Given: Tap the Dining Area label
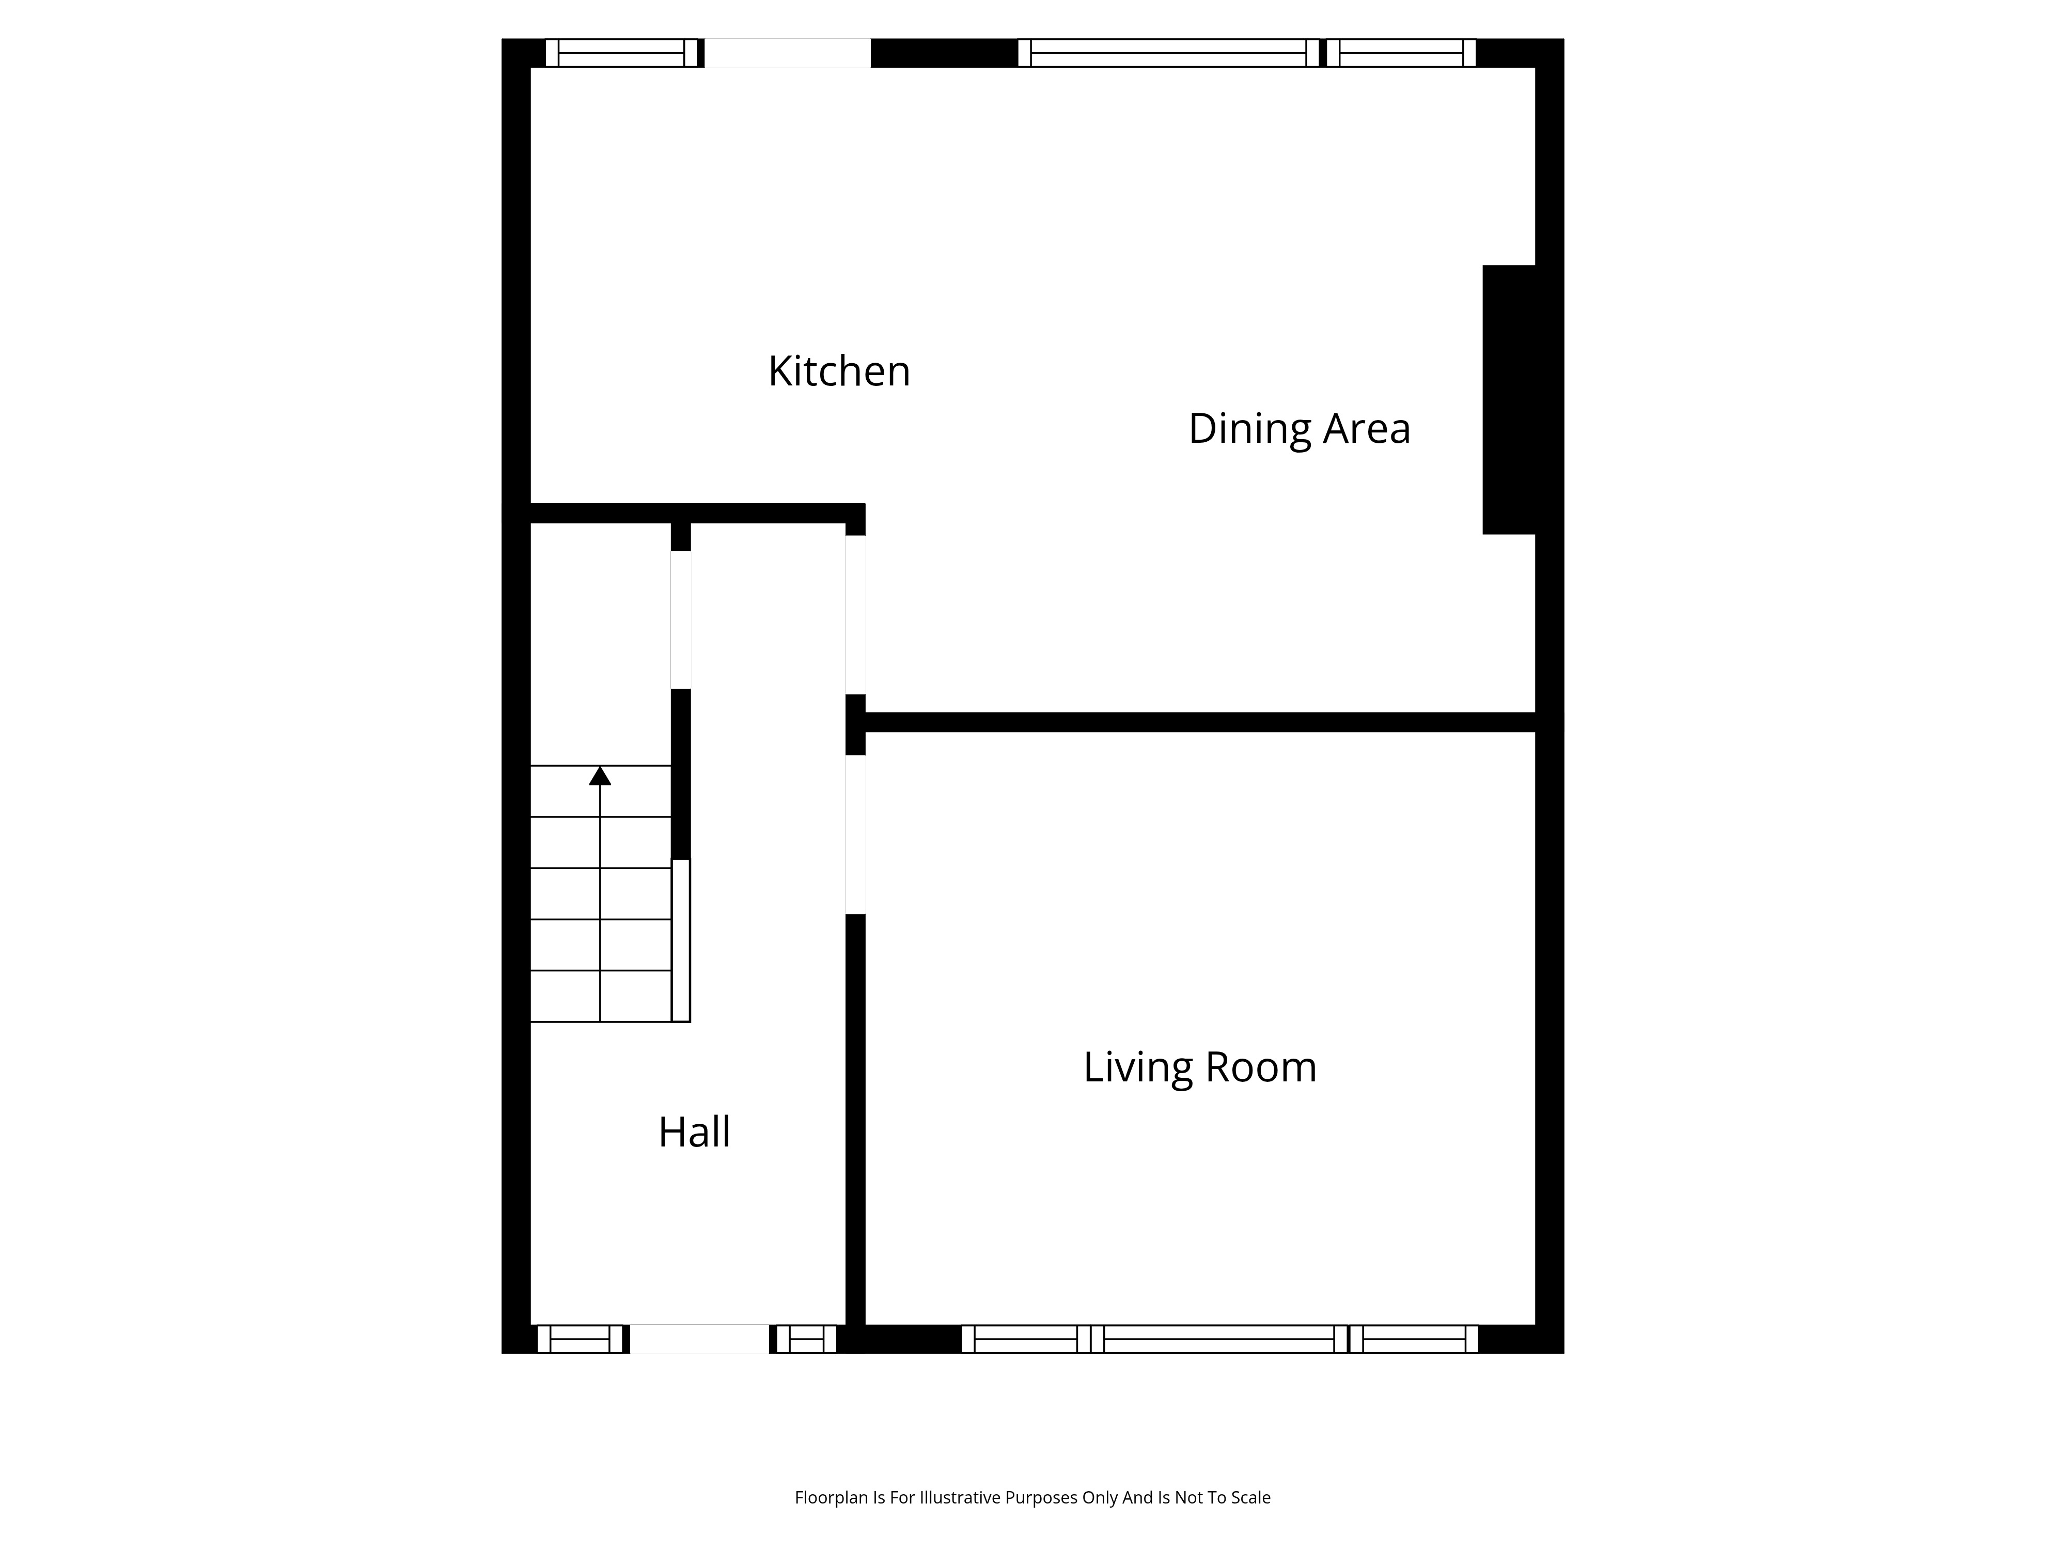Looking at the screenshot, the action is tap(1299, 429).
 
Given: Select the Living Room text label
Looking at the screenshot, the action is tap(1199, 1067).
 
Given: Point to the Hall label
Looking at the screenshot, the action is tap(694, 1133).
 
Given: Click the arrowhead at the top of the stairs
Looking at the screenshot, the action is tap(600, 776).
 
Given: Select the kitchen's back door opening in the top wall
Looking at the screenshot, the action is tap(787, 53).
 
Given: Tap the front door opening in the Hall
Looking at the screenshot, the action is tap(699, 1339).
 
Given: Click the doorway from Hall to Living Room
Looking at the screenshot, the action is tap(855, 834).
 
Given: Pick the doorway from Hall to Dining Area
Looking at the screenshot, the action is tap(855, 615).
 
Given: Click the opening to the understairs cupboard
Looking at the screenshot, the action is tap(681, 619).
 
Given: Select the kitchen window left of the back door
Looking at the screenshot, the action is tap(621, 53).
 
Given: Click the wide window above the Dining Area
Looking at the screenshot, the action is tap(1168, 53).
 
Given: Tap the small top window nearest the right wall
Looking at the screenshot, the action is tap(1401, 53).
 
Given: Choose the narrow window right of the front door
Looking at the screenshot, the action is tap(806, 1339).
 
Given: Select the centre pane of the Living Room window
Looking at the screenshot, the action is tap(1219, 1339).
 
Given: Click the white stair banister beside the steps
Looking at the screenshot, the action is tap(681, 940).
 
